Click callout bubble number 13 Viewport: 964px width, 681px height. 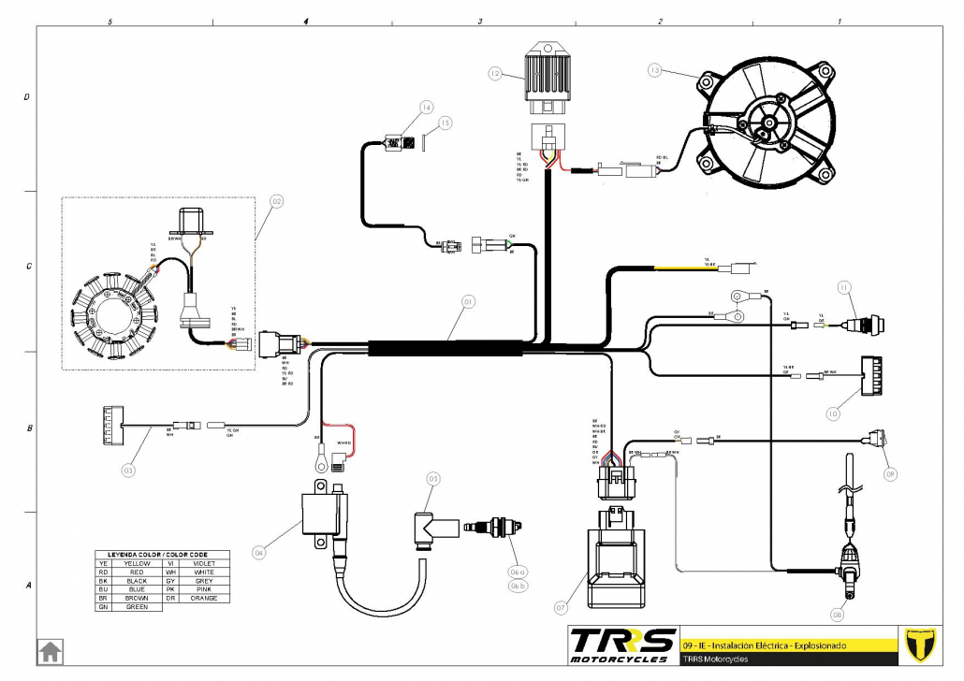pos(654,70)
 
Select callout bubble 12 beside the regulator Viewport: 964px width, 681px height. pos(495,71)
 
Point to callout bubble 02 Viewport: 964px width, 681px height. pos(276,200)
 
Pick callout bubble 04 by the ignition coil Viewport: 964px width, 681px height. pos(258,553)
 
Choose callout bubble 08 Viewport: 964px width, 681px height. pos(837,615)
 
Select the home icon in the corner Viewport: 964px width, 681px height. pos(50,651)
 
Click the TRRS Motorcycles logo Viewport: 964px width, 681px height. pos(622,645)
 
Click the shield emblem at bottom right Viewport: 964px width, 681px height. pos(923,645)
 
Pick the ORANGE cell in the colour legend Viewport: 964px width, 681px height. pos(204,598)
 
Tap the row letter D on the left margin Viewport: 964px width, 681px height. pos(26,97)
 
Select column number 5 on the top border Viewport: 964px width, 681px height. pos(110,21)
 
